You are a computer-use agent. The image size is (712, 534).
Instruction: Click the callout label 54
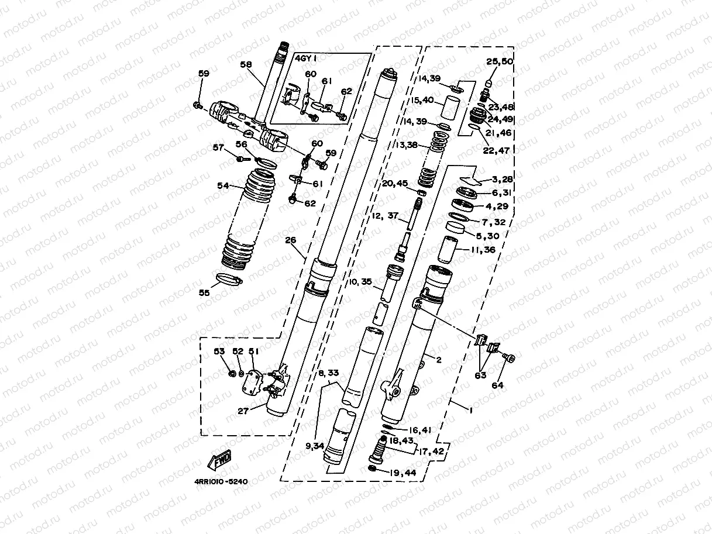[x=223, y=186]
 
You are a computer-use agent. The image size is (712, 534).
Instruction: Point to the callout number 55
[x=204, y=292]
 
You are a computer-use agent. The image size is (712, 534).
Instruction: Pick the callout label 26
[x=291, y=240]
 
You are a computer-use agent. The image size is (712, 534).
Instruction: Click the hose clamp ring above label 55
[x=226, y=280]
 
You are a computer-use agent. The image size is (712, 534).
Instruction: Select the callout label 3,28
[x=502, y=179]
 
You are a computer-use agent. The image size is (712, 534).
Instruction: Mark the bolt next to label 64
[x=508, y=357]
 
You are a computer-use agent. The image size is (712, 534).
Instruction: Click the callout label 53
[x=219, y=352]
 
